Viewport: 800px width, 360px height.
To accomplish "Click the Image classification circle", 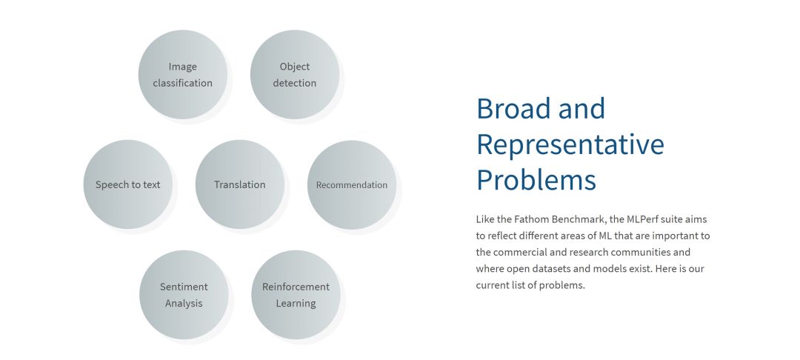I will pos(183,75).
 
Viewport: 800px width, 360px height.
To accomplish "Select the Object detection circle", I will pos(295,75).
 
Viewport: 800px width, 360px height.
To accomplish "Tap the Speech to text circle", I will pos(128,184).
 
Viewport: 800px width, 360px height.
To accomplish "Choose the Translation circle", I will pos(240,184).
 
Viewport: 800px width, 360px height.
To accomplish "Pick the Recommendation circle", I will pos(352,184).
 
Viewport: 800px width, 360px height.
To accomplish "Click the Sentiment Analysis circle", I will pos(184,295).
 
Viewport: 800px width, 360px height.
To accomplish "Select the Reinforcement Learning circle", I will pos(296,295).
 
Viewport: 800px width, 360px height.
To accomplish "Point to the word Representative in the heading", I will pos(570,144).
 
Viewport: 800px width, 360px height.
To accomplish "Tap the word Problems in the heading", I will pos(536,180).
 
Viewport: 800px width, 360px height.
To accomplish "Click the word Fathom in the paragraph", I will pos(532,219).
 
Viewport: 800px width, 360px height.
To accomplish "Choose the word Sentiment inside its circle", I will pos(184,287).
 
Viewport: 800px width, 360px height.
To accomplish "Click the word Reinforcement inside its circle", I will pos(296,287).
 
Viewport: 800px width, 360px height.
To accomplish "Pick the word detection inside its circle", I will pos(295,83).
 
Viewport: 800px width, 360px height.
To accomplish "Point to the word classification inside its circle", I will pos(183,83).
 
